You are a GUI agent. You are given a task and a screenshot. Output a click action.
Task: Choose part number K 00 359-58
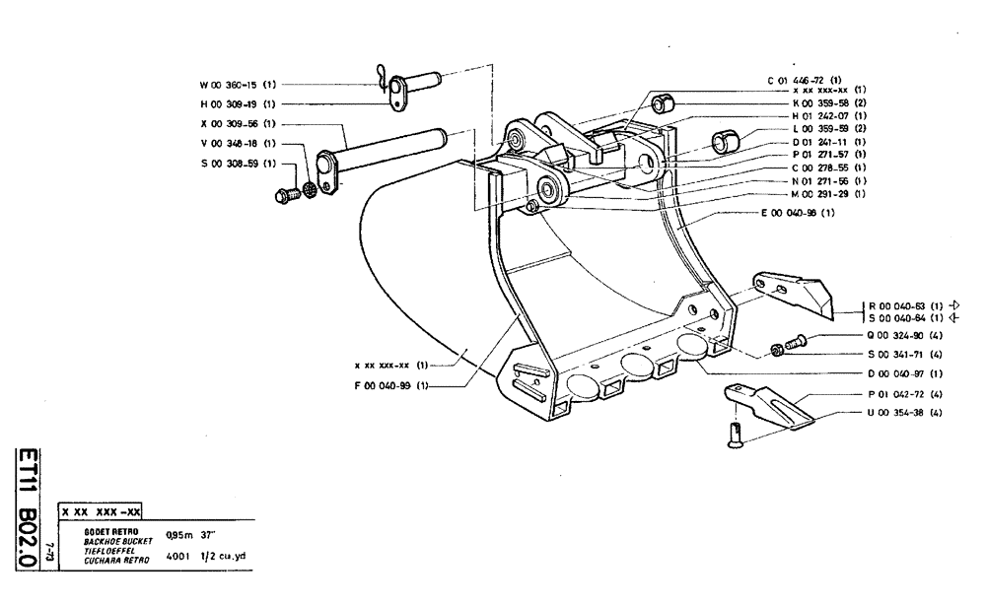pyautogui.click(x=815, y=102)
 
